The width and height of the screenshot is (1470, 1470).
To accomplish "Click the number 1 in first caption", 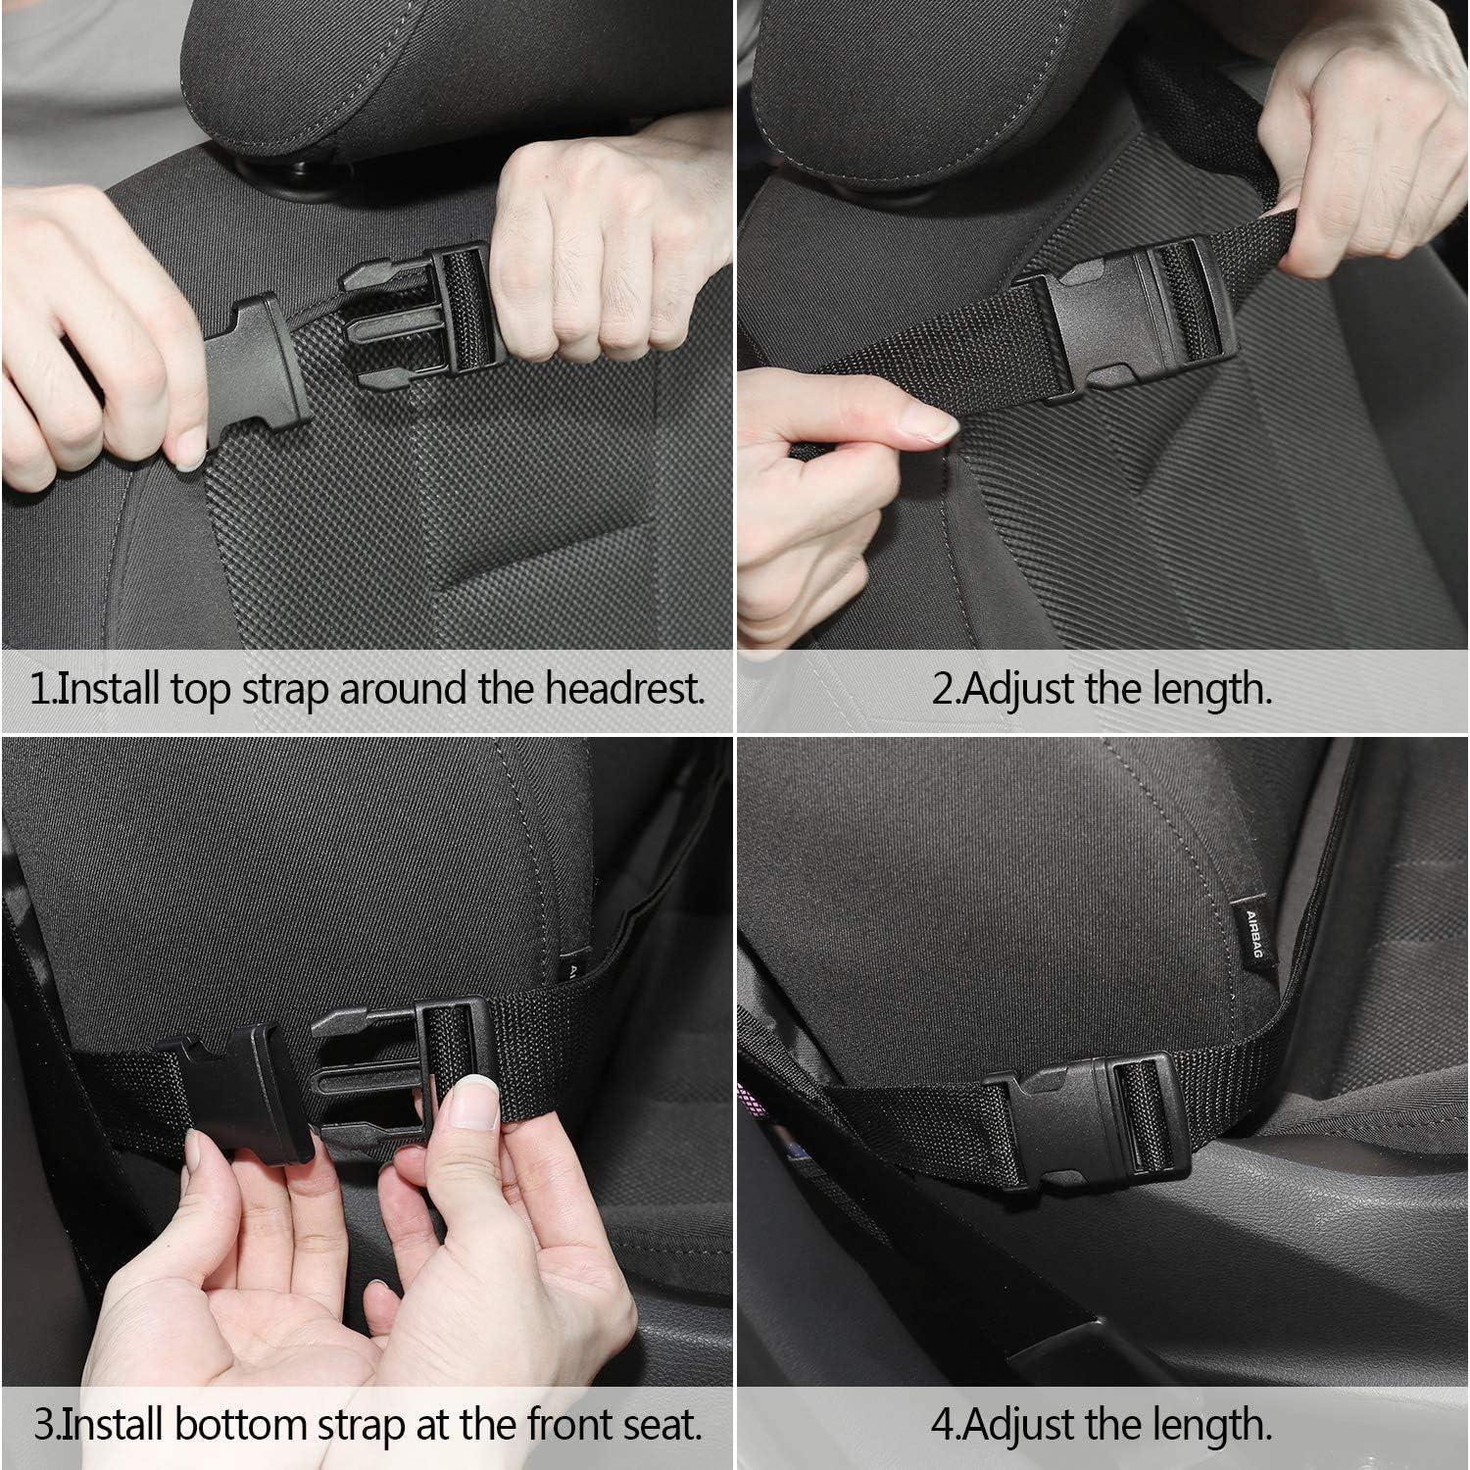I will coord(39,689).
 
